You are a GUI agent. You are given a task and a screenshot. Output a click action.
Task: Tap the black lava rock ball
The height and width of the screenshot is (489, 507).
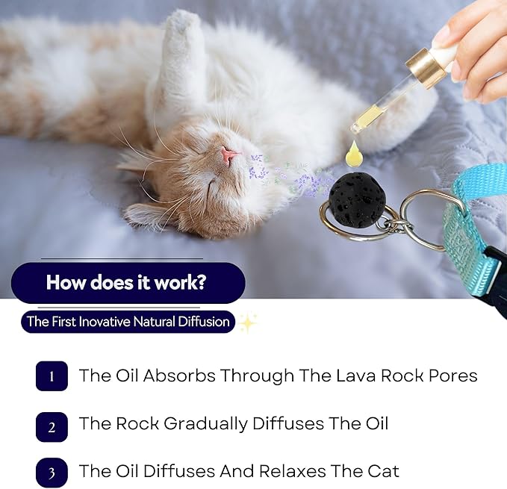point(358,201)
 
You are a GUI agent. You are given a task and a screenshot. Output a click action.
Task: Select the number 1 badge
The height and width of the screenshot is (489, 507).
point(52,376)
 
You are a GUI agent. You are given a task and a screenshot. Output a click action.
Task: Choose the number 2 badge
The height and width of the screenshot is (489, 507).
point(52,426)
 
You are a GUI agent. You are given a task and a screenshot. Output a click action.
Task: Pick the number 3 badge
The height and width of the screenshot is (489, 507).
point(52,473)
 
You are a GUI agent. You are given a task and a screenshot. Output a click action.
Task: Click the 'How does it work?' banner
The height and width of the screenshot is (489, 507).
point(128,283)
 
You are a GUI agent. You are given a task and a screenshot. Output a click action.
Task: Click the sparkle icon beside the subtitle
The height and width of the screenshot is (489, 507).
point(248,323)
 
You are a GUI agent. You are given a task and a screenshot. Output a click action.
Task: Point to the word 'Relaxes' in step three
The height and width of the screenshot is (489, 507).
point(290,471)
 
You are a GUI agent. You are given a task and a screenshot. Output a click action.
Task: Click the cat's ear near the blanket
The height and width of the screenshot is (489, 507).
point(145,215)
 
